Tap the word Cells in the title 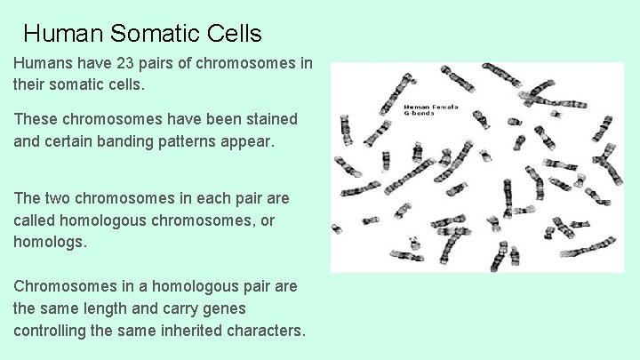pos(233,34)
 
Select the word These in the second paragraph pos(33,119)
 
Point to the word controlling pos(50,331)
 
